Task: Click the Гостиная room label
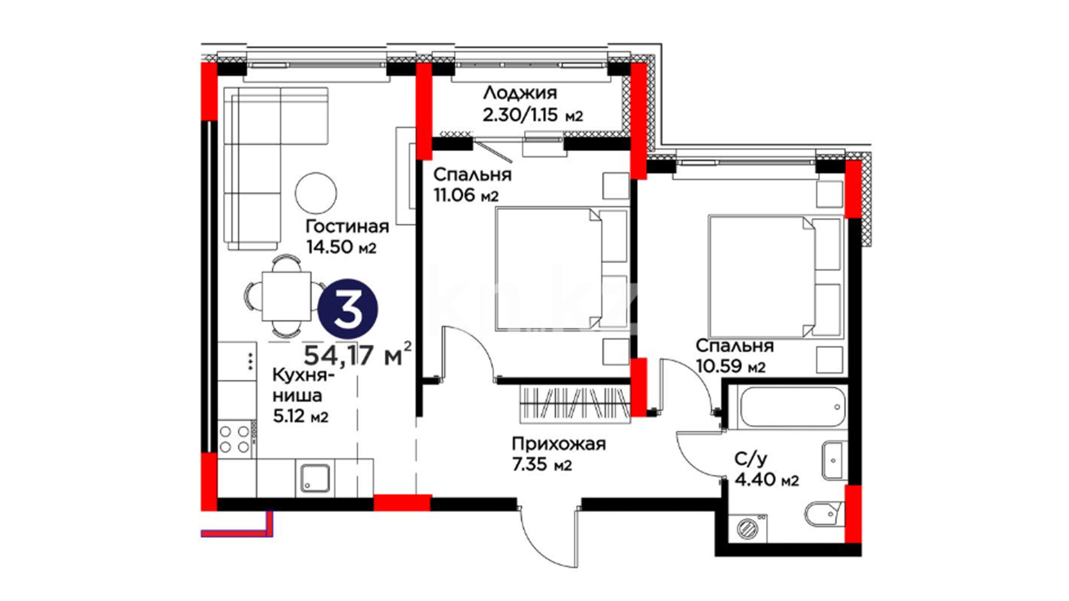click(x=347, y=226)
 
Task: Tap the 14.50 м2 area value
click(x=341, y=247)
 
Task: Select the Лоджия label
click(x=519, y=93)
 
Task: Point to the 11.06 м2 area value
click(x=465, y=195)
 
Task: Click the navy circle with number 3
click(x=348, y=309)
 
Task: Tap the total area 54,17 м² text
click(x=358, y=354)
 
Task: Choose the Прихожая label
click(x=558, y=444)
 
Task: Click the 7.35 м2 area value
click(x=542, y=465)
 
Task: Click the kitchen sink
click(x=315, y=478)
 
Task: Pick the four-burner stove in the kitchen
click(x=234, y=439)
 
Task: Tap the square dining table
click(x=287, y=296)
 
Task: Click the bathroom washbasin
click(x=833, y=460)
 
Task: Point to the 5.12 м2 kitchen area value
click(x=300, y=416)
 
